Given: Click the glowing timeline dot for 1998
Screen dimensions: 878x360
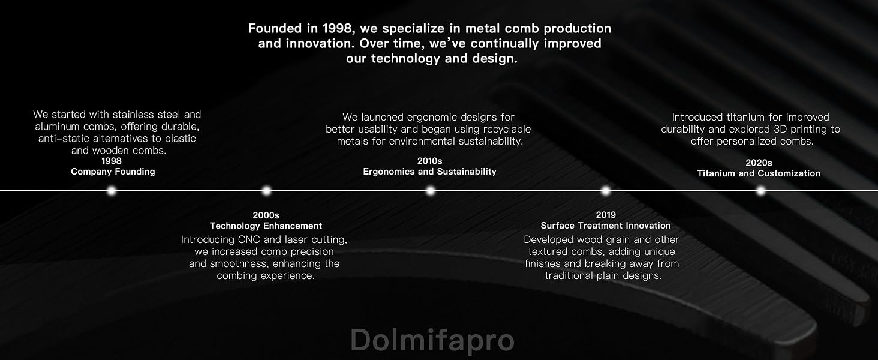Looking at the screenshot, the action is [x=112, y=191].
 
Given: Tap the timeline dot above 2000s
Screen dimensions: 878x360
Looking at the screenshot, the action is [x=266, y=191].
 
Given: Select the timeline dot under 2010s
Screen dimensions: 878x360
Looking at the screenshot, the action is [x=430, y=191].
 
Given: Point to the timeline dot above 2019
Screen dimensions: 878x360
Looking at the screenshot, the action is [x=605, y=191].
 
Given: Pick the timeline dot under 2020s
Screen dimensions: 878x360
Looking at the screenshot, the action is [x=761, y=191].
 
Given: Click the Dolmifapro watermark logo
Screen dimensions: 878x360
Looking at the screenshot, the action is [x=432, y=340].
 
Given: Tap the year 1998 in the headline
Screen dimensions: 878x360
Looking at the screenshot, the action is [x=336, y=28].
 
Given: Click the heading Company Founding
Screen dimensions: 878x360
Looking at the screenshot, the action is [x=113, y=172].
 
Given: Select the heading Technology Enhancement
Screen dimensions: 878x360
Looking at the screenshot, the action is [x=266, y=226].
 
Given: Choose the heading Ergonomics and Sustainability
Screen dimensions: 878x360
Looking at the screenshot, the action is [x=429, y=172].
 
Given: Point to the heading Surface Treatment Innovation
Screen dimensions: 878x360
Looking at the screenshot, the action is [x=606, y=226].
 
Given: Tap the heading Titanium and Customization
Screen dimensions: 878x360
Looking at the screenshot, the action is [x=759, y=173].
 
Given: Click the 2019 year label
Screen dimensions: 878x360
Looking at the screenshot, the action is [x=606, y=215].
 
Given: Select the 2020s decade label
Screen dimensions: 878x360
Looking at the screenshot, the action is [x=759, y=163].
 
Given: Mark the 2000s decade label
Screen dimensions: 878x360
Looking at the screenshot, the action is [x=266, y=215].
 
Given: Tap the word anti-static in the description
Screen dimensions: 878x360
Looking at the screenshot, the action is [x=64, y=139].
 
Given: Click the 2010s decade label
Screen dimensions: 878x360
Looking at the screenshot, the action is [x=429, y=161].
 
